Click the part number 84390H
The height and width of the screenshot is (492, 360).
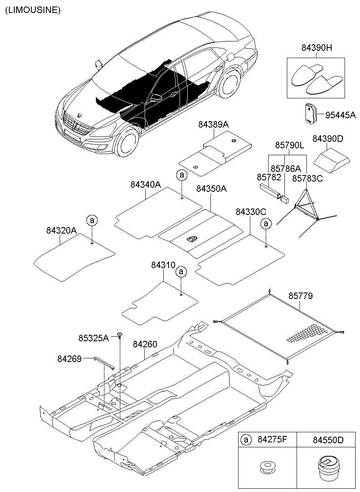[x=317, y=48]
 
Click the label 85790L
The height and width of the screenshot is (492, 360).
[x=290, y=145]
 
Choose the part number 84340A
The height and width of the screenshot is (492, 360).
[x=145, y=184]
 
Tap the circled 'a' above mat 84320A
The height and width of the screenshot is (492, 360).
[x=92, y=221]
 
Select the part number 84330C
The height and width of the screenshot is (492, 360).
[x=251, y=212]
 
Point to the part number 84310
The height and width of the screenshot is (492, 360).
[x=163, y=265]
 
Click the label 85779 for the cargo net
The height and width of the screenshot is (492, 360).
[x=301, y=296]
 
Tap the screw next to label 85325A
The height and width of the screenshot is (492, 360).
[x=120, y=335]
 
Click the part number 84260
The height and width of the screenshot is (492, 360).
[x=145, y=345]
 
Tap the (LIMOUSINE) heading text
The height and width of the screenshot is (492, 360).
[x=33, y=11]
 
